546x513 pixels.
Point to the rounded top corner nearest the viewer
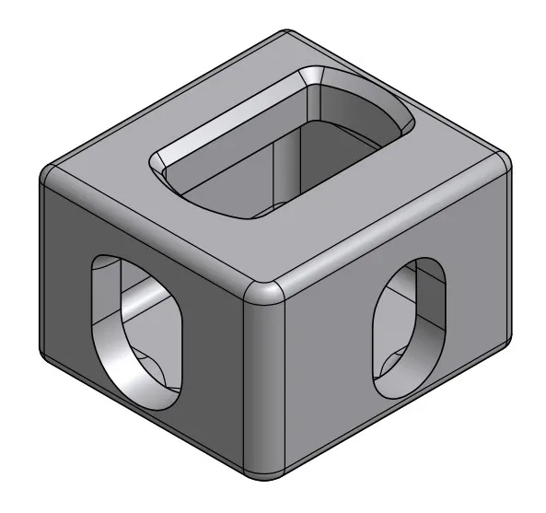click(264, 292)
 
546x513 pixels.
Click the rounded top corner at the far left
click(51, 171)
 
